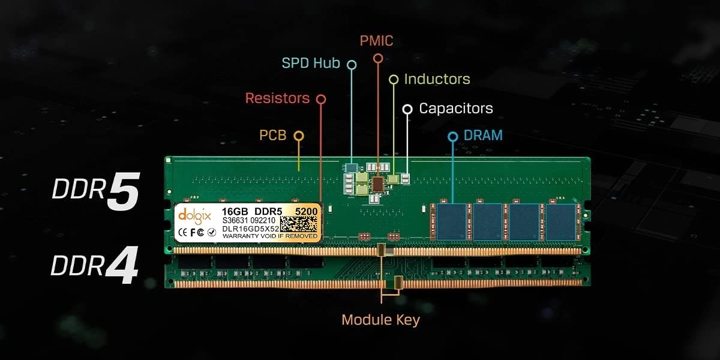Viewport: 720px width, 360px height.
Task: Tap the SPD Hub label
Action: click(x=311, y=63)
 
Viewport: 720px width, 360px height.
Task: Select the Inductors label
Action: click(x=437, y=79)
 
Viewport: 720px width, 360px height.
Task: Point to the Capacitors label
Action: click(x=456, y=109)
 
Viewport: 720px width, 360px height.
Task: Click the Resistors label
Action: click(x=277, y=98)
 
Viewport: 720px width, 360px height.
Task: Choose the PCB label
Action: click(x=272, y=135)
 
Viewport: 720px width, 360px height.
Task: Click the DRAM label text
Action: click(x=483, y=136)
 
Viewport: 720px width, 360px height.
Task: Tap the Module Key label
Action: click(x=380, y=319)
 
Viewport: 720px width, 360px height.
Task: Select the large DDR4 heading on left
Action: click(x=95, y=266)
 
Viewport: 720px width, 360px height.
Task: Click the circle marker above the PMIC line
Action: click(x=377, y=58)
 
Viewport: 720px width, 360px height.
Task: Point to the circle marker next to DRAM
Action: click(x=453, y=137)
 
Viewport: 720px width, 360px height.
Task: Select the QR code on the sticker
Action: click(x=298, y=223)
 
